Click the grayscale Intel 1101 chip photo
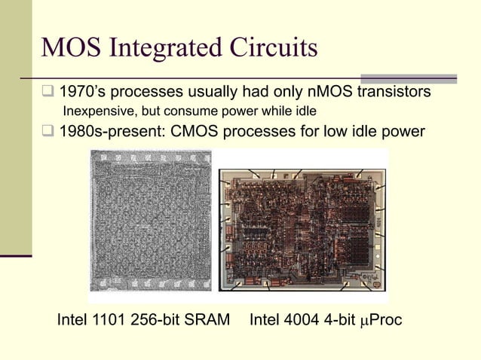pyautogui.click(x=150, y=220)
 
